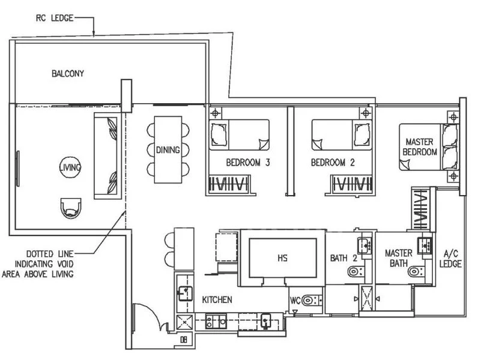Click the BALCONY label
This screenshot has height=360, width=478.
point(67,73)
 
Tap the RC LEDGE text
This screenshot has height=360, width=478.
point(55,18)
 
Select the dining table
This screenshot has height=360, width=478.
point(168,149)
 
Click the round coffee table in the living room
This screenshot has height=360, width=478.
point(70,167)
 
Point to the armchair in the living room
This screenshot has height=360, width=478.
point(71,208)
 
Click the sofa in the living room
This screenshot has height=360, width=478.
point(106,156)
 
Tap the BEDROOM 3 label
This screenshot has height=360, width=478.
point(248,163)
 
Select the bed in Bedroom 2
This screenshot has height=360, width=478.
point(342,135)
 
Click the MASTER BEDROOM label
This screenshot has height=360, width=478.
point(420,147)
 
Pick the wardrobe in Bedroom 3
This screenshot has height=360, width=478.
point(230,184)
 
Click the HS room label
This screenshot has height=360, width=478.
point(283,258)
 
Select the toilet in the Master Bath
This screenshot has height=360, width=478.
point(417,271)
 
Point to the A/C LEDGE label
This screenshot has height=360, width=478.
point(450,259)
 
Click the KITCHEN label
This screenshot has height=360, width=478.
point(217,300)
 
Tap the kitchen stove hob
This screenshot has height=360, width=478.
point(216,322)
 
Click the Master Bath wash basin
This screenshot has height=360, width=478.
point(425,245)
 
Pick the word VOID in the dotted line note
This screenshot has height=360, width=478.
point(65,264)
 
